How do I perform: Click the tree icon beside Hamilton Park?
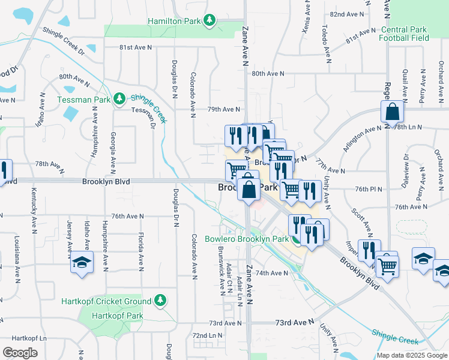(209, 21)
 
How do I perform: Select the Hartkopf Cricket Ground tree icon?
(160, 299)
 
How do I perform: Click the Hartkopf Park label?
(117, 315)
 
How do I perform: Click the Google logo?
(20, 353)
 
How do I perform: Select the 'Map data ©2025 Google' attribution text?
(412, 355)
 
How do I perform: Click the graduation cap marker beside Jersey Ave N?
(82, 263)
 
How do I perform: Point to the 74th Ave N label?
(273, 272)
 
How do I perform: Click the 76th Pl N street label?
(368, 188)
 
